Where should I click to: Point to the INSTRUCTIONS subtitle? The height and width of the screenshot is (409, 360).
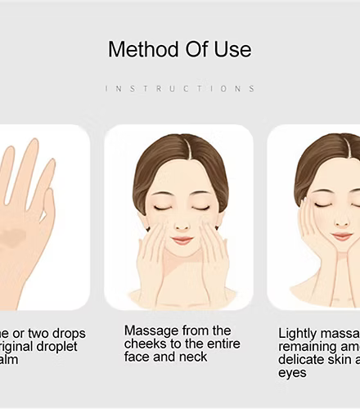(x=180, y=88)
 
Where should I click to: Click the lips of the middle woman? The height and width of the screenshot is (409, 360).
(x=182, y=240)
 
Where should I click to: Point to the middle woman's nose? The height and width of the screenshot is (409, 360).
(x=182, y=222)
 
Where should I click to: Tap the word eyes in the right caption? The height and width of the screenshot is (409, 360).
(x=292, y=373)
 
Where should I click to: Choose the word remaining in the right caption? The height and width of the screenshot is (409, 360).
(x=307, y=347)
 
